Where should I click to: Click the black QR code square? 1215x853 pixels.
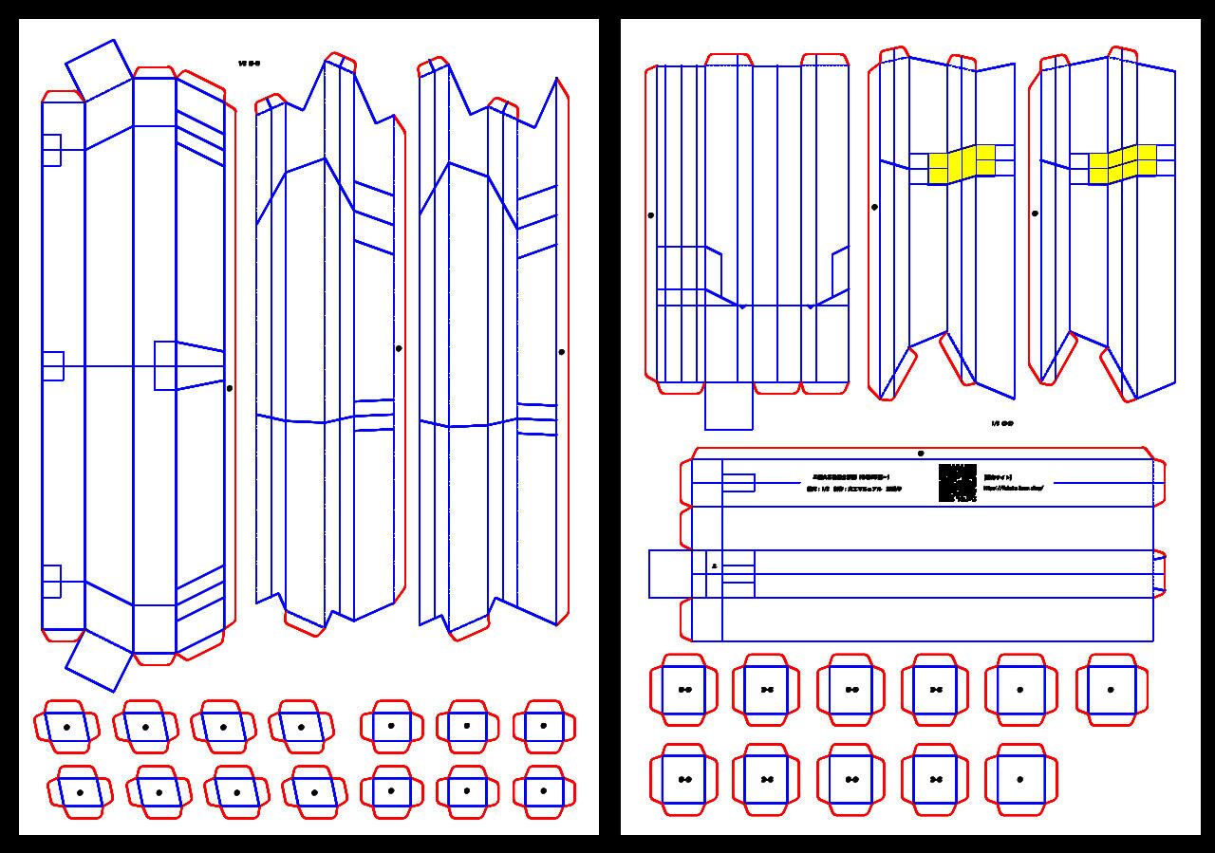coord(957,483)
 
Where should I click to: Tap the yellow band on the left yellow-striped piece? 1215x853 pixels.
coord(962,163)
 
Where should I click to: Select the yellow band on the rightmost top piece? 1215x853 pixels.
coord(1122,163)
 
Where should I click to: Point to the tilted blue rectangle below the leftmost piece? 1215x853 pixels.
coord(99,660)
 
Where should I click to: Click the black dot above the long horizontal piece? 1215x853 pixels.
coord(921,454)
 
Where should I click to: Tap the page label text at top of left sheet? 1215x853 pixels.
coord(249,64)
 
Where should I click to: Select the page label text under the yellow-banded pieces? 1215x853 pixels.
coord(1001,424)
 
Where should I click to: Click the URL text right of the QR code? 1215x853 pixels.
coord(1013,488)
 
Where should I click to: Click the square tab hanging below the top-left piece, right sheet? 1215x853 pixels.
coord(728,406)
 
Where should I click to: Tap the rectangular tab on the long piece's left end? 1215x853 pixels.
coord(670,574)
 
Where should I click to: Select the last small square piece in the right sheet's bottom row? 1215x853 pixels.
coord(1019,779)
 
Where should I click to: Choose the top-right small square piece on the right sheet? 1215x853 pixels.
coord(1111,690)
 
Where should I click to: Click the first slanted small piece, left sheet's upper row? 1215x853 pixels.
coord(66,727)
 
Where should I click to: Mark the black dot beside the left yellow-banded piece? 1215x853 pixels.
coord(874,207)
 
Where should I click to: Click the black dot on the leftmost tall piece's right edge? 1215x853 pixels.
coord(230,388)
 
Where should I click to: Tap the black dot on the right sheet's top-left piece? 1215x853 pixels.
coord(650,215)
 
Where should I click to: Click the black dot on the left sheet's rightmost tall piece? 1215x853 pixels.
coord(562,352)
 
